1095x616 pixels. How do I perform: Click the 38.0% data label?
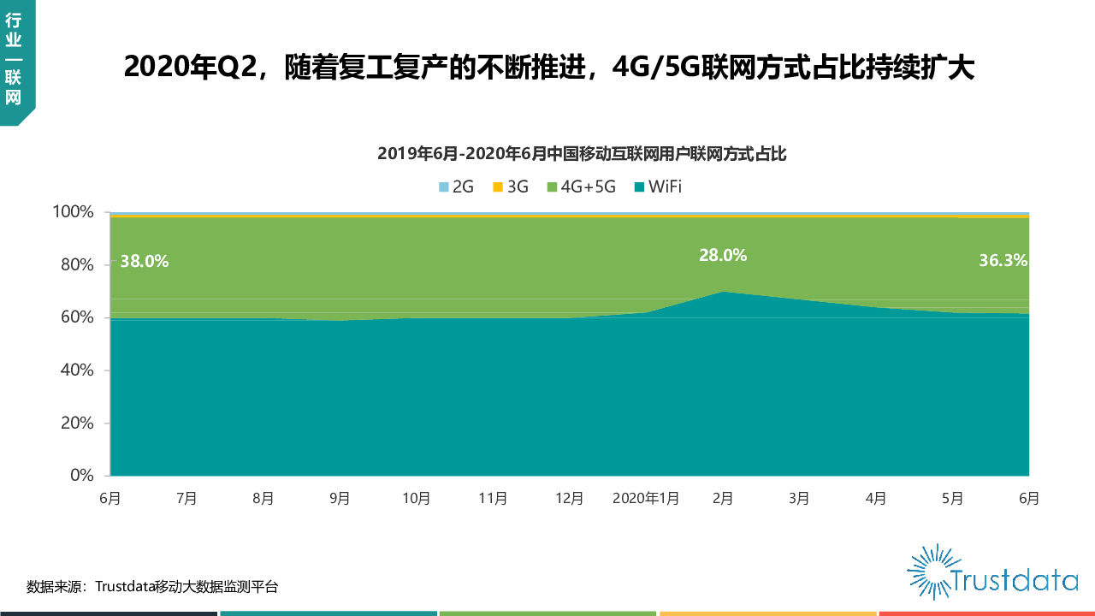[144, 262]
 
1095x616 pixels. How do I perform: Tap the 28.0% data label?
[722, 255]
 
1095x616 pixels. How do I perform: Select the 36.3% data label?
[1003, 261]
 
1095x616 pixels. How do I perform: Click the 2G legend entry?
[456, 187]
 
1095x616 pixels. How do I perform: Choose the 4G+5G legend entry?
[582, 187]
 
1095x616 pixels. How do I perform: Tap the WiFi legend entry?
[658, 187]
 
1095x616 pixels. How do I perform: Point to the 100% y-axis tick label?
[73, 212]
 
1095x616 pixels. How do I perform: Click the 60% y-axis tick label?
[77, 317]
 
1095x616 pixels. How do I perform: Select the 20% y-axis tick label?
[77, 423]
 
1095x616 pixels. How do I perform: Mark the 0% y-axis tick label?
[81, 476]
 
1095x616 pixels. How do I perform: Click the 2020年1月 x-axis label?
[646, 499]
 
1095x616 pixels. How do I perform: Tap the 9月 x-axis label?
[340, 499]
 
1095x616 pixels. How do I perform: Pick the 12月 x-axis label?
[569, 499]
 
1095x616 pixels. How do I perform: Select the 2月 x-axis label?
[723, 499]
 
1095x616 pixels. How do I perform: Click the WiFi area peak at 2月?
[724, 293]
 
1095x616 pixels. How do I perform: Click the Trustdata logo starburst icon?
[931, 571]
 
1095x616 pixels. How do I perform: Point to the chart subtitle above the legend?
[582, 154]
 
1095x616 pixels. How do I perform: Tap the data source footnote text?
[152, 587]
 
